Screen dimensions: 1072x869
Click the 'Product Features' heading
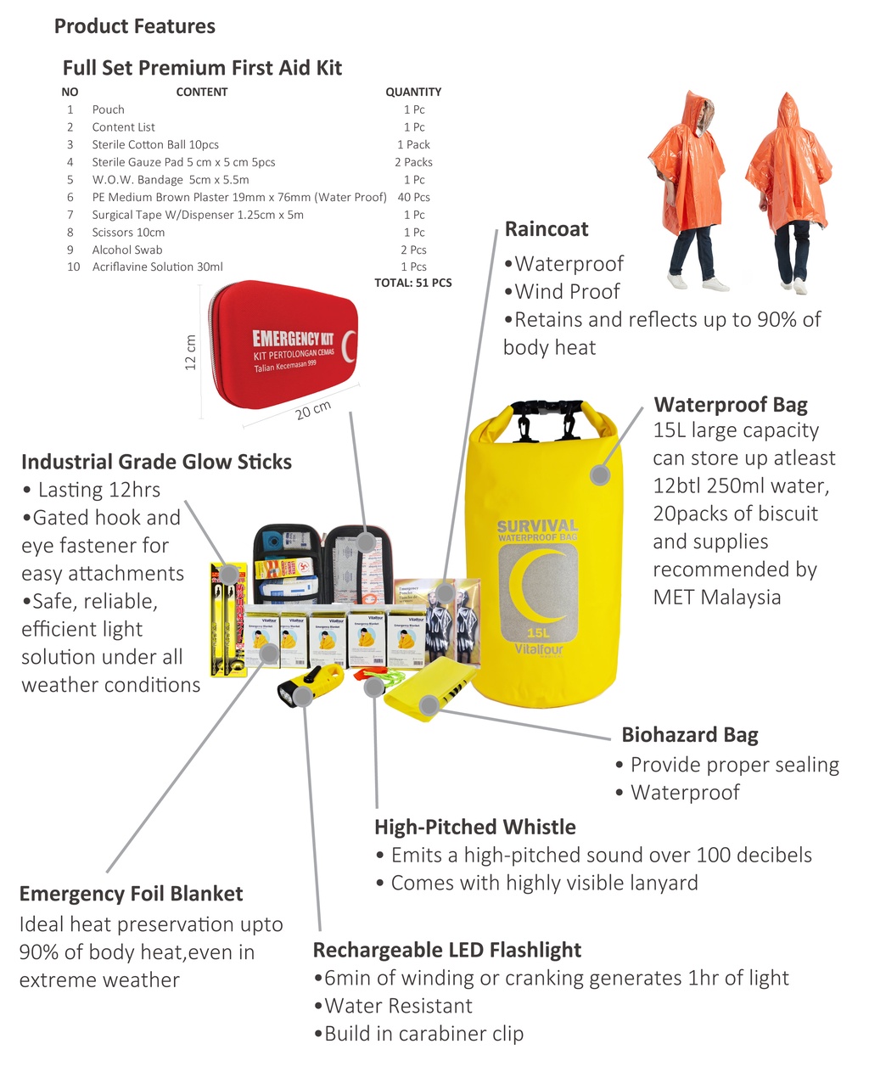point(134,26)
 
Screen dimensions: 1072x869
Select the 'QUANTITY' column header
point(413,92)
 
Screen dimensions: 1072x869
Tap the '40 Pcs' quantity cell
point(414,197)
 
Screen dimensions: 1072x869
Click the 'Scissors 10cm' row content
point(128,232)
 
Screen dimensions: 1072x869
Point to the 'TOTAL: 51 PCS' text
point(413,283)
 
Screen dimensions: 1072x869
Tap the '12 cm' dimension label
point(191,352)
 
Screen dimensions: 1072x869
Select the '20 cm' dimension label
point(313,410)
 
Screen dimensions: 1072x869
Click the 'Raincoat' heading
point(547,229)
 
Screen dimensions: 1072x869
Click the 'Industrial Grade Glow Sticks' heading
point(156,462)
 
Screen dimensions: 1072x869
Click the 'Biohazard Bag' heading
point(689,735)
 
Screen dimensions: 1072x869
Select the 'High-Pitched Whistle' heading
point(475,827)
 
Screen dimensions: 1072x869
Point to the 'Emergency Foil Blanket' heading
point(131,894)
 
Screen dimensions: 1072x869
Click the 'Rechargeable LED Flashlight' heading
point(447,950)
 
